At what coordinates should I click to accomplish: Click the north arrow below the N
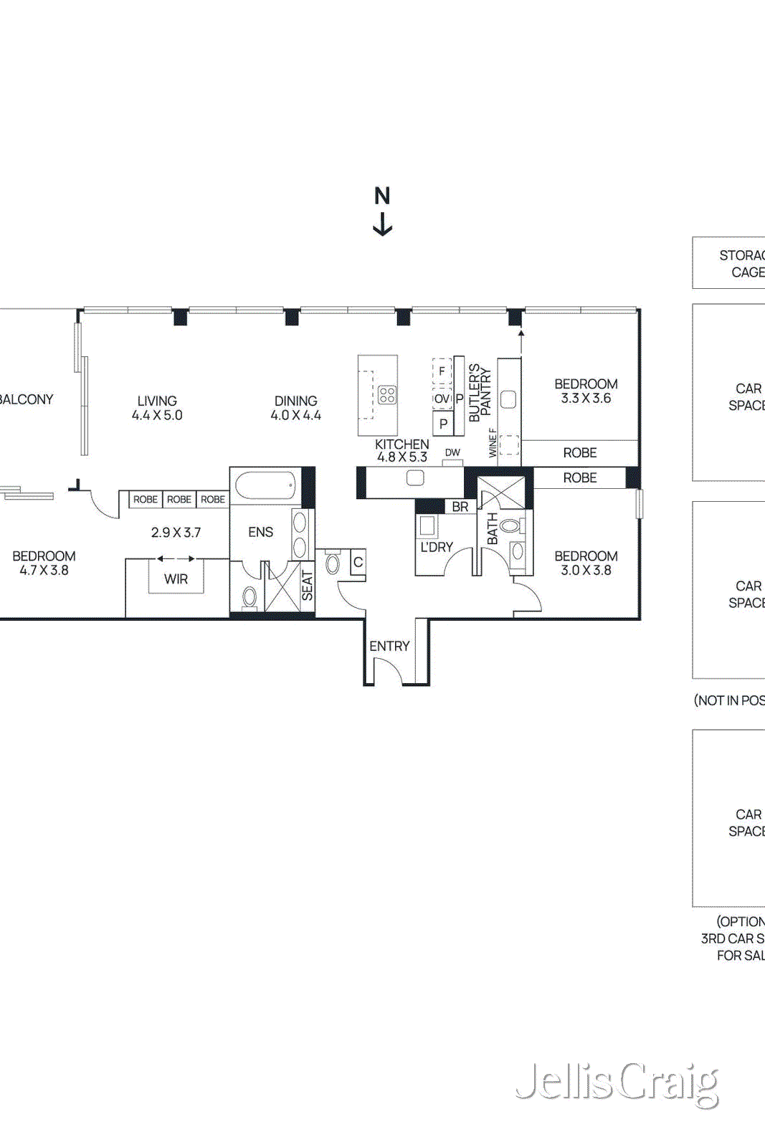383,224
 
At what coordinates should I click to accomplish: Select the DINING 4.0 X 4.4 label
295,408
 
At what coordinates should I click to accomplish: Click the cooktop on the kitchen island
387,395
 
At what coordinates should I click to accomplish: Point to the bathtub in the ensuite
265,485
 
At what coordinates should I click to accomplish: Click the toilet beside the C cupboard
333,562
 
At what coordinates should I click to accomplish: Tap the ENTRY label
389,646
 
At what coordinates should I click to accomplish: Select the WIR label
176,579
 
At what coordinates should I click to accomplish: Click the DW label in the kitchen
452,452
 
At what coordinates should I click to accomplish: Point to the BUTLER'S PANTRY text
480,393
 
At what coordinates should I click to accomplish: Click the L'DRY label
437,547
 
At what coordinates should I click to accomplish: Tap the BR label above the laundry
460,507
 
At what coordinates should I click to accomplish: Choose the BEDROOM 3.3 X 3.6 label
586,391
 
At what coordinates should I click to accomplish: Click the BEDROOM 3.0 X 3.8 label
586,563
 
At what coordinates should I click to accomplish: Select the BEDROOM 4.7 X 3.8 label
44,563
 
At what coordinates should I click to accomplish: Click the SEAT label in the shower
308,585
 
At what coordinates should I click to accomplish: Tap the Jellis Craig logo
617,1084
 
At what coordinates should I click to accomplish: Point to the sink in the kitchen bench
415,478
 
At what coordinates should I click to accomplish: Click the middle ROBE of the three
179,499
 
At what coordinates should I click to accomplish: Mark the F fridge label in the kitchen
442,371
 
